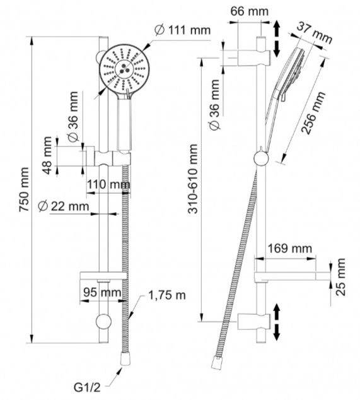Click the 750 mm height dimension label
pos(24,189)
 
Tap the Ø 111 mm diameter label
pos(183,30)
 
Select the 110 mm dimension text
pos(108,184)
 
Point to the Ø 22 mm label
pos(64,206)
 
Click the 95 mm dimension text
pos(102,292)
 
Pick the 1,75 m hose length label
pos(167,295)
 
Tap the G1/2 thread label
pos(87,387)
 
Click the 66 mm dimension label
pos(250,11)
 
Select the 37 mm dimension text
pos(315,33)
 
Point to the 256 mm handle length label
pos(313,112)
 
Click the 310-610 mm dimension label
pos(193,179)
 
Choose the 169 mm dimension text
pos(289,248)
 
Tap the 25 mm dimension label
pos(340,277)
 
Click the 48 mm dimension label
pos(47,155)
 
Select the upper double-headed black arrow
pos(277,39)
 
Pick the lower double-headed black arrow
pos(277,322)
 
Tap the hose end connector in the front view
pos(126,359)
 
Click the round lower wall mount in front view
pos(103,322)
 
